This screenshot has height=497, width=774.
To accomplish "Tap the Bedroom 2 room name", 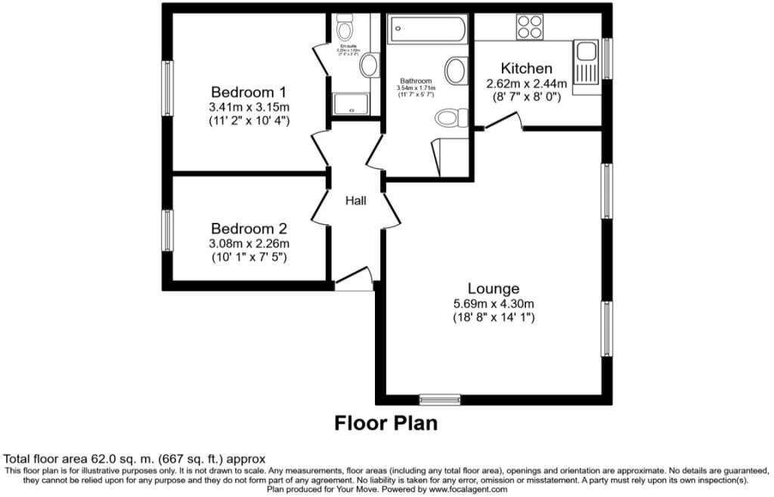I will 249,228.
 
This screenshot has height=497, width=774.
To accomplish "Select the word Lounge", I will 494,288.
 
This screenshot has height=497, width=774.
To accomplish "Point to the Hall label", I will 355,201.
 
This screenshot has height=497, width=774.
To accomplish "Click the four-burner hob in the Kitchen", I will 529,28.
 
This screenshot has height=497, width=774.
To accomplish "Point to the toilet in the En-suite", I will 345,31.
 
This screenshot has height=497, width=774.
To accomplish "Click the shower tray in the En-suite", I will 351,104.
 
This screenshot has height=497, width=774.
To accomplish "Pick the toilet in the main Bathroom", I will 449,119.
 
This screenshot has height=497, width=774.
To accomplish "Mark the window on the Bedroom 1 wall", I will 168,88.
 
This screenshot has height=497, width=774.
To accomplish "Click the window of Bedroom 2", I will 168,234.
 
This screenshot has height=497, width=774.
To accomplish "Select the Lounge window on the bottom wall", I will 440,399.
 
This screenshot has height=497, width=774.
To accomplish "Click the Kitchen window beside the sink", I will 606,57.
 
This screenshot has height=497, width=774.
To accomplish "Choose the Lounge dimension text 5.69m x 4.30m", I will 494,304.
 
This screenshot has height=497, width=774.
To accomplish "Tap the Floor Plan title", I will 385,423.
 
